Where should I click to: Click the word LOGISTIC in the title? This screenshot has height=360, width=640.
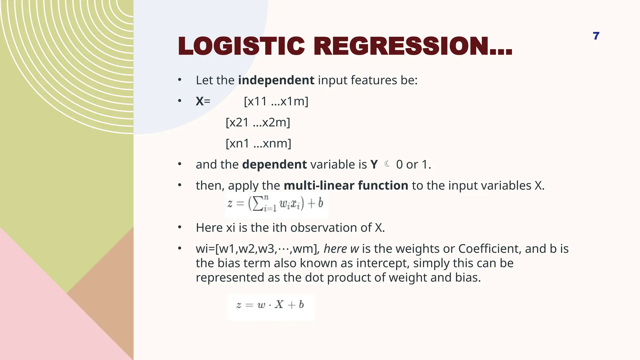pos(241,46)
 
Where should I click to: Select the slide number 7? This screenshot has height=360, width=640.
pos(596,36)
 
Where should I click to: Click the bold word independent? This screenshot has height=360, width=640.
pos(276,80)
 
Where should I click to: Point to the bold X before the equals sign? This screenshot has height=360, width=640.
pos(199,101)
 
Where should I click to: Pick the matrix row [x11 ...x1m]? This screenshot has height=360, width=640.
pos(276,101)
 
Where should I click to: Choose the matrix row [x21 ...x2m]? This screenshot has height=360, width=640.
pos(258,122)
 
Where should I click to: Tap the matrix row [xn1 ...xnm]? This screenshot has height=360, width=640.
pos(258,143)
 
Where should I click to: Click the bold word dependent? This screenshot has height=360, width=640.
pos(274,164)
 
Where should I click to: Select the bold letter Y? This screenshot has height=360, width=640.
pos(374,164)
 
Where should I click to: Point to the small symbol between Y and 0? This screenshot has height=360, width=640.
pos(387,164)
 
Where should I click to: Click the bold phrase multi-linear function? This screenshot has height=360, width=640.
pos(346,186)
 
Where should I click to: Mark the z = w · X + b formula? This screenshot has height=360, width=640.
pos(270,305)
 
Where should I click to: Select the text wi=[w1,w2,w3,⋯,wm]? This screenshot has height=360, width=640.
pos(256,249)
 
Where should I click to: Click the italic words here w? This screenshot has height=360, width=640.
pos(341,249)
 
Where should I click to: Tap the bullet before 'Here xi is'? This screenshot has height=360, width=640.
pos(180,227)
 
